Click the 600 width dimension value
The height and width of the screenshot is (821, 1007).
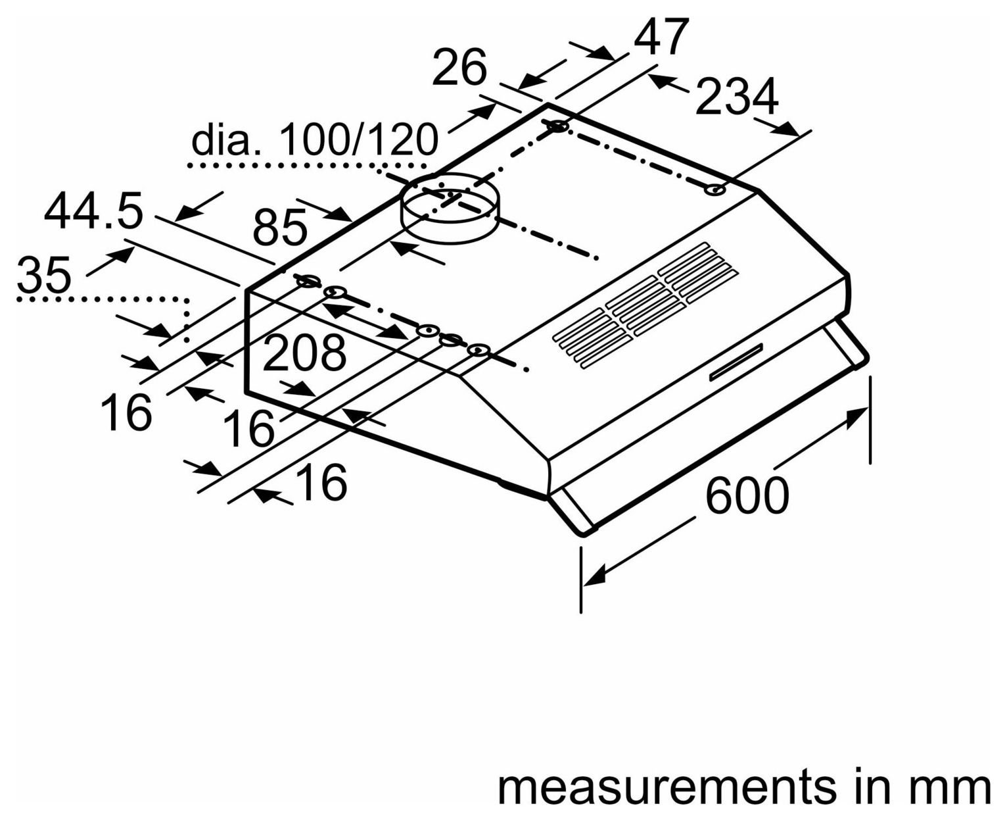747,495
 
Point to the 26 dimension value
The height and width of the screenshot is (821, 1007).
459,67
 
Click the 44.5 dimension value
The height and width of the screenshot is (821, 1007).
93,211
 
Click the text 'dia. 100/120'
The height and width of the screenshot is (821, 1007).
314,139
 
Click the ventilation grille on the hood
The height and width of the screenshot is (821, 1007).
645,305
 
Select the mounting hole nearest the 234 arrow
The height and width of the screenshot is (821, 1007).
715,190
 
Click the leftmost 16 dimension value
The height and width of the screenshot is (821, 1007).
127,412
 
